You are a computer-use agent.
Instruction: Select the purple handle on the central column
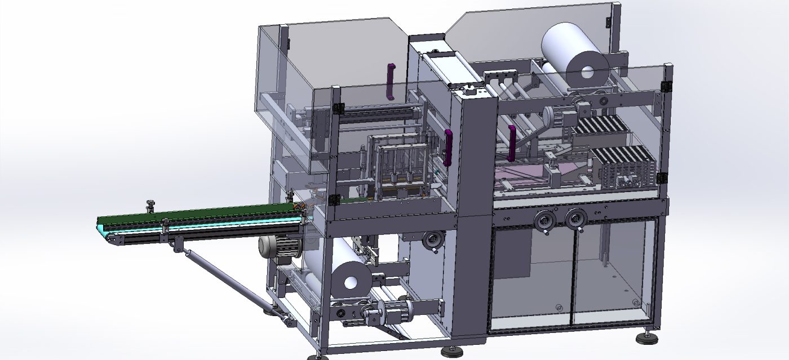449,148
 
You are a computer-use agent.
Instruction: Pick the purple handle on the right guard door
512,143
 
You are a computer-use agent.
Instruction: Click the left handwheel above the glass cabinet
545,220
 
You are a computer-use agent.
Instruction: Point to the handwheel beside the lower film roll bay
434,239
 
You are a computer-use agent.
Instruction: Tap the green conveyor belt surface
197,214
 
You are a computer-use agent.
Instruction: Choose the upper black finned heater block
599,125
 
